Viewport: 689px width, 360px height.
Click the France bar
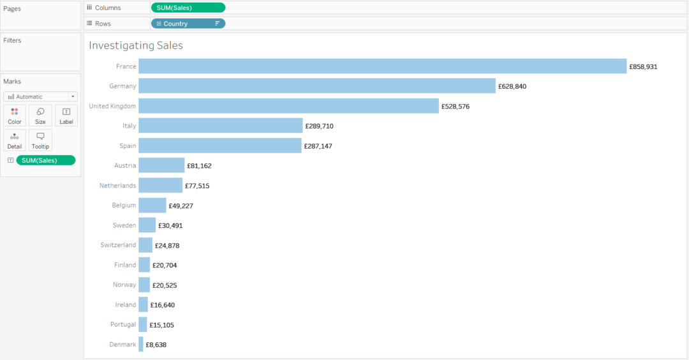point(382,66)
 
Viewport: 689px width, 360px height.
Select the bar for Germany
point(316,86)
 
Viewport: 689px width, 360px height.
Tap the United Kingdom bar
point(288,106)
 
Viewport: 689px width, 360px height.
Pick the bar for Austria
point(161,165)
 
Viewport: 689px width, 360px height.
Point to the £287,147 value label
point(318,146)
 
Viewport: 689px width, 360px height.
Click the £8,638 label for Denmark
point(156,345)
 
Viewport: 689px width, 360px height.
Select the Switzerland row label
point(118,245)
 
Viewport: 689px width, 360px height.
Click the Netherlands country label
point(117,186)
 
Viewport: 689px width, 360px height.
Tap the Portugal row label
point(123,324)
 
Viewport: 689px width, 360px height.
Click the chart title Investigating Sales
point(136,45)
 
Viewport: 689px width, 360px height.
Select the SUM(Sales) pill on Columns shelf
point(188,8)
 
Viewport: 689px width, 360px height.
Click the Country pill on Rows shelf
point(188,24)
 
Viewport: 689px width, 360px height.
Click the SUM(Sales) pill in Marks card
point(45,160)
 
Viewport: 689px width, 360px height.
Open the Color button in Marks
point(15,116)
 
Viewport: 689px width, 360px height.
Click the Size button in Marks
point(40,116)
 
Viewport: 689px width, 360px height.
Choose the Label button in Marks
point(66,116)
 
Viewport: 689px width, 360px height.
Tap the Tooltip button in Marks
point(40,140)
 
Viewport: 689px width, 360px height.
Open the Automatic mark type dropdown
point(40,96)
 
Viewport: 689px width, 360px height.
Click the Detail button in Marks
point(15,140)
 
